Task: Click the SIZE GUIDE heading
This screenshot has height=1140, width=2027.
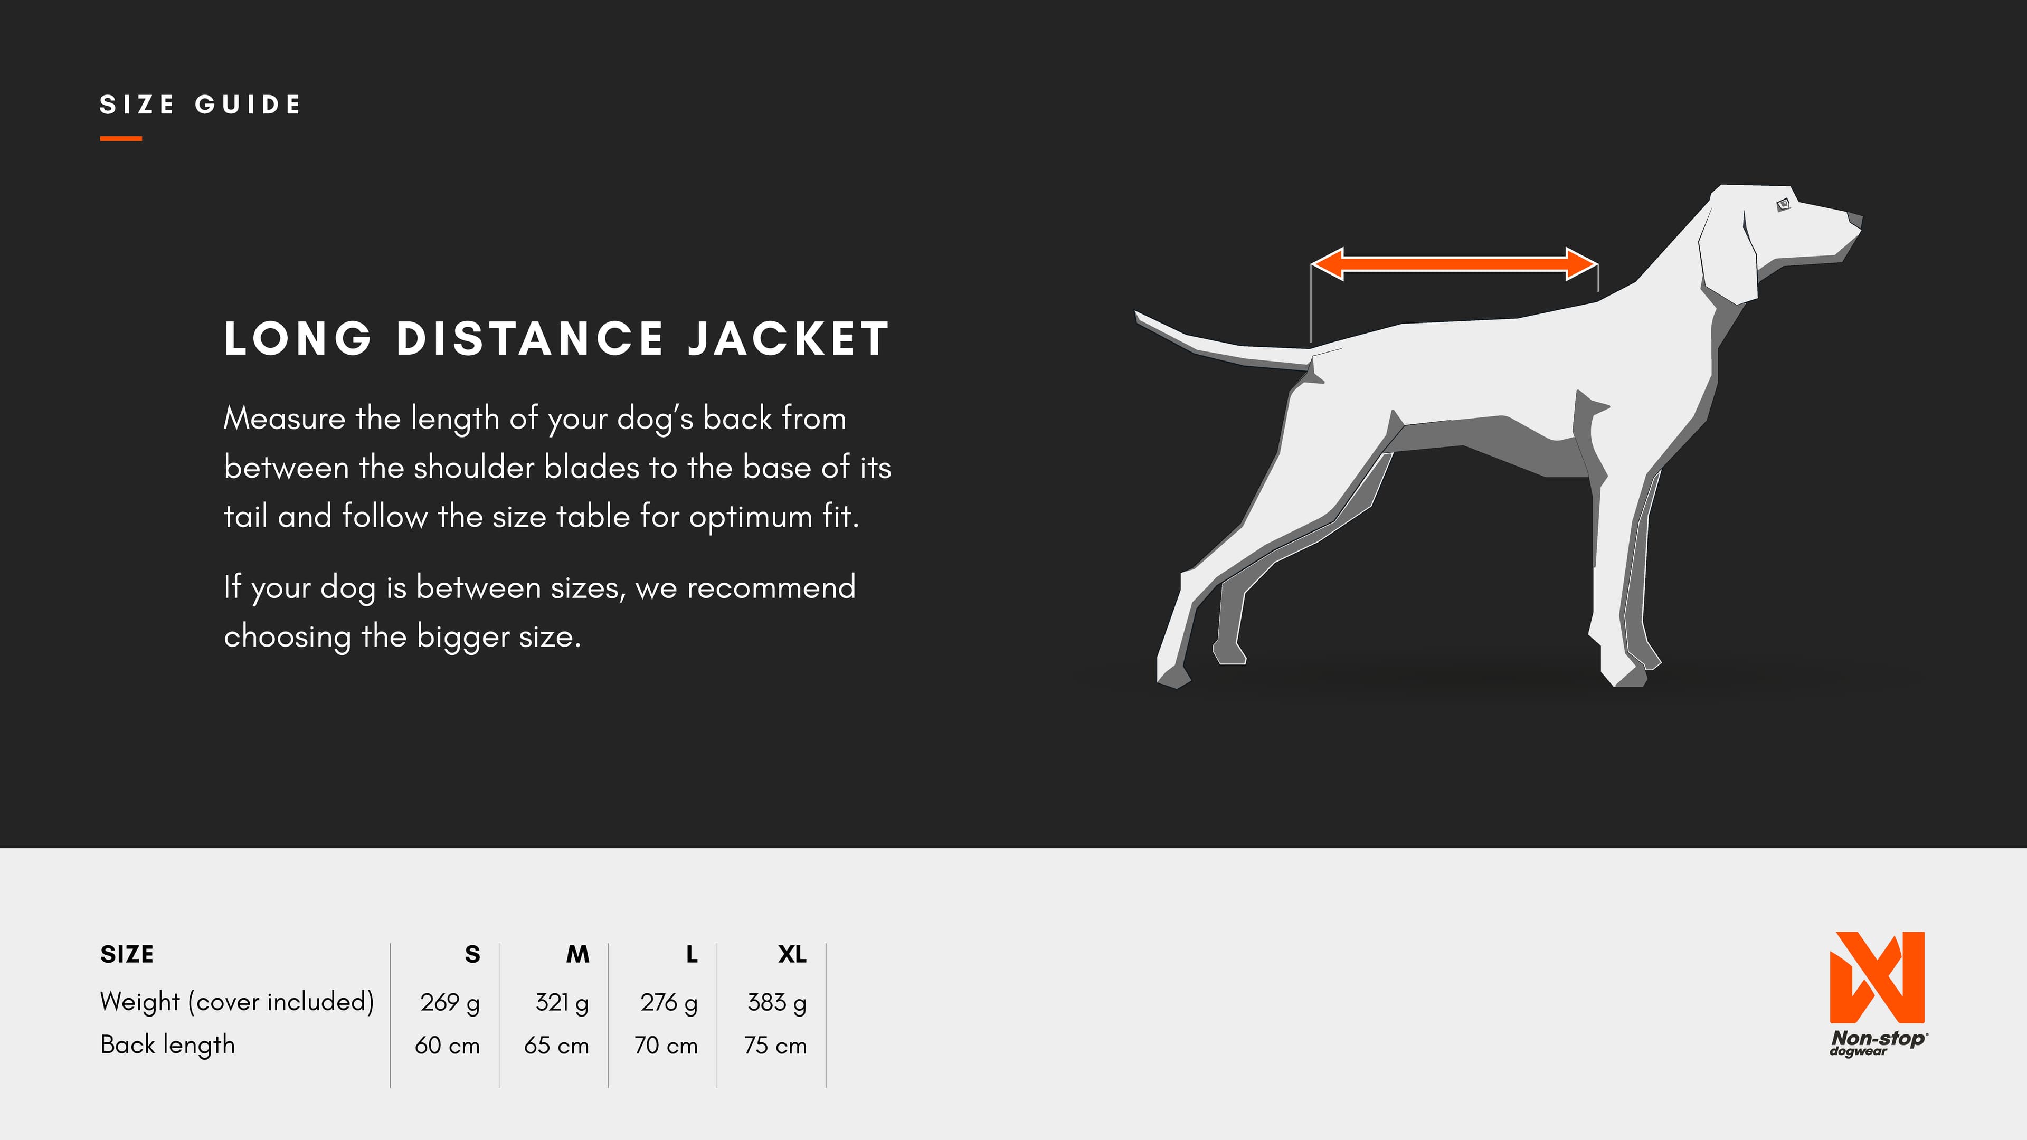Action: pos(200,104)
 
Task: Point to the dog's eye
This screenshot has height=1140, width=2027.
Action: pos(1783,205)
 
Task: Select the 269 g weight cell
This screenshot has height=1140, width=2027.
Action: pos(449,1002)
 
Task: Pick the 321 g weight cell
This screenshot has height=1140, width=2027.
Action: pos(562,1002)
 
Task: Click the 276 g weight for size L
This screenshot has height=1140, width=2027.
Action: pos(669,1002)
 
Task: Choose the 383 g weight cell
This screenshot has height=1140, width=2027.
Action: pos(776,1002)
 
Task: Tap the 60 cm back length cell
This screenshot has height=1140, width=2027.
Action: pos(447,1046)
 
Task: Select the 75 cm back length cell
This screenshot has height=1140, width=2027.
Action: pos(775,1046)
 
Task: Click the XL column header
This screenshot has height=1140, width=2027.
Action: pos(792,954)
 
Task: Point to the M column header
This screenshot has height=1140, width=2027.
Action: pos(577,954)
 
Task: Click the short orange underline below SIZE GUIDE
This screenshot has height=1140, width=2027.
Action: pos(121,138)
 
